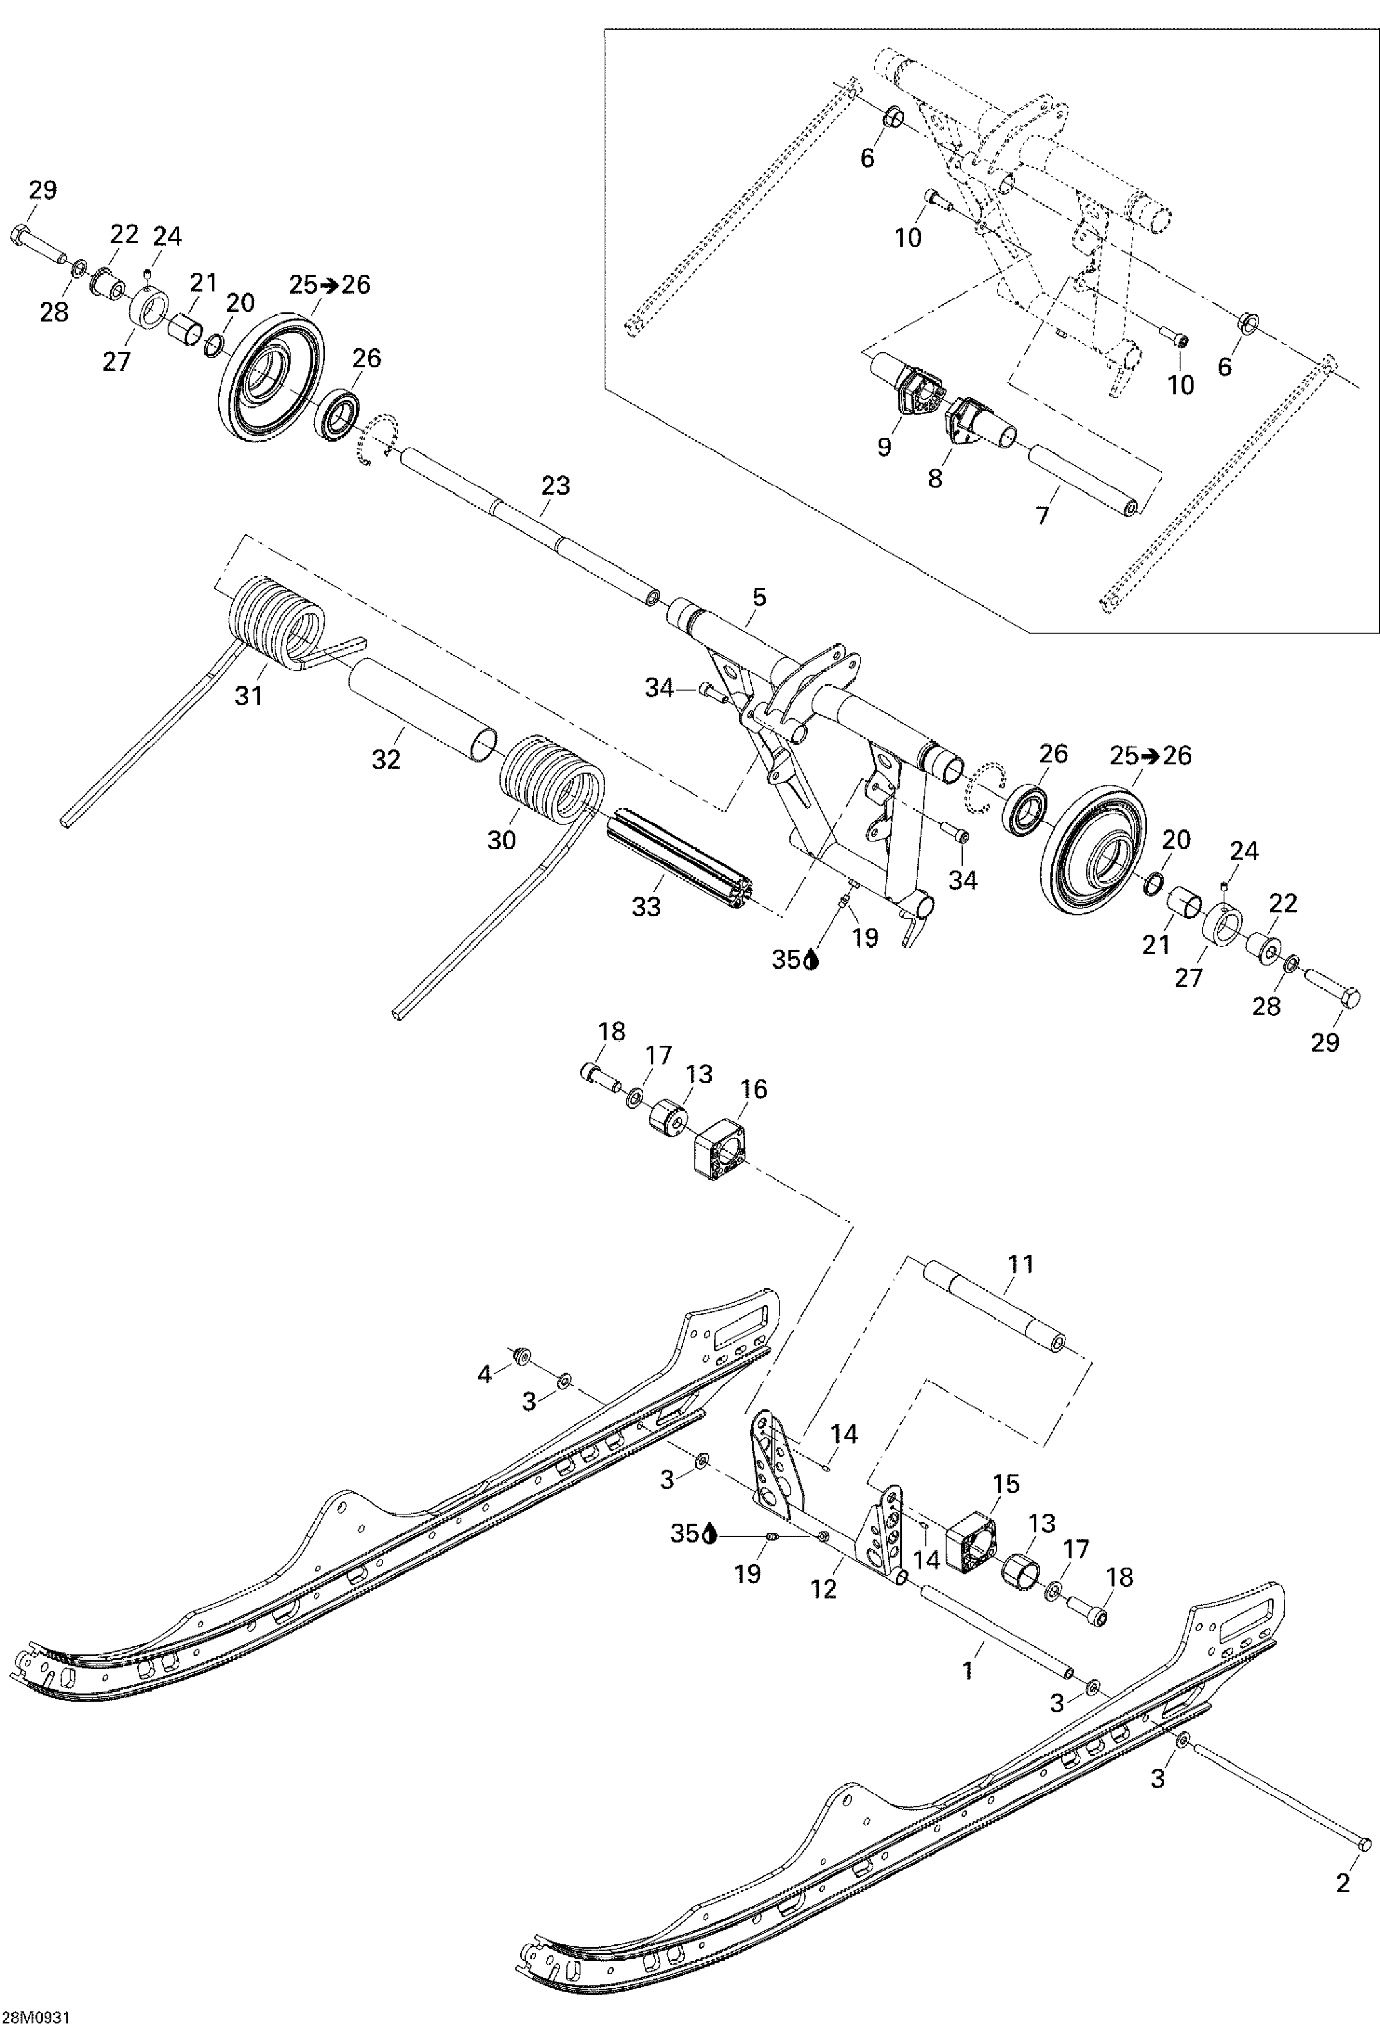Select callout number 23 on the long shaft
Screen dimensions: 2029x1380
(555, 486)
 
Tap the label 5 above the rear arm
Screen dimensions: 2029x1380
(759, 597)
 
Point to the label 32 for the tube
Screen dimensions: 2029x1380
(386, 760)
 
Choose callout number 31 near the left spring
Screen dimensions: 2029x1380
(249, 696)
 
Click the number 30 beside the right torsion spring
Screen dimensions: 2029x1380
(501, 840)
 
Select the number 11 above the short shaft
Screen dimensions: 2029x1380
(1020, 1263)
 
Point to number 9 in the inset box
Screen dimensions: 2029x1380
(884, 446)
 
